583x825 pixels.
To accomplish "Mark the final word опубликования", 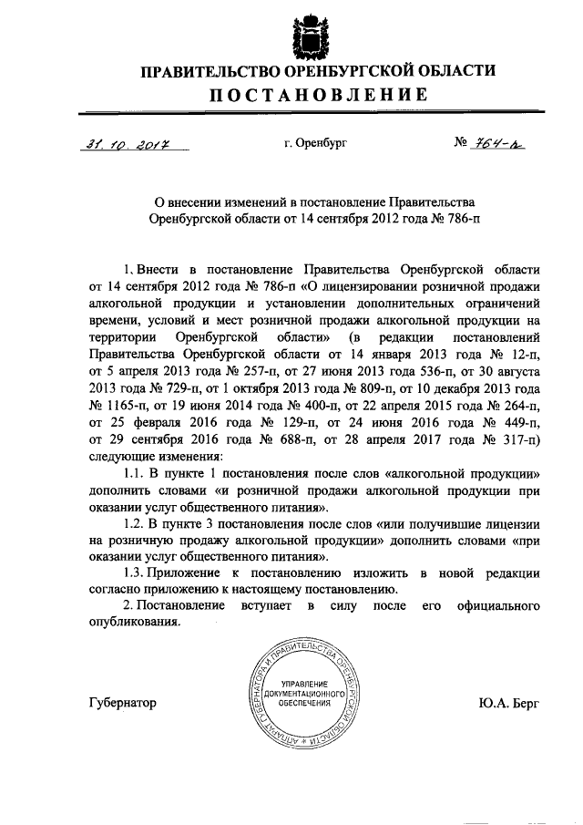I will coord(136,623).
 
